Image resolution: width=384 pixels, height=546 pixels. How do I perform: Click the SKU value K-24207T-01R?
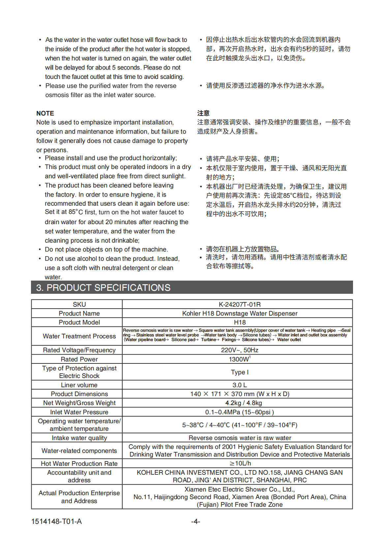(240, 304)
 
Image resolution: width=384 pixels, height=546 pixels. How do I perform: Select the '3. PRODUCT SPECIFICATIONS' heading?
(103, 288)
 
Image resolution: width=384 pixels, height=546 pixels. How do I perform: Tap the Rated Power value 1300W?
(239, 359)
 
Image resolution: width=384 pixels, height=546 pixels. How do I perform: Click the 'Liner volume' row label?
(79, 385)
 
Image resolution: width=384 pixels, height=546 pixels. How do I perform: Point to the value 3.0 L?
(240, 385)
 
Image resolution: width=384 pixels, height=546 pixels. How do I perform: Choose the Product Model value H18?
(240, 322)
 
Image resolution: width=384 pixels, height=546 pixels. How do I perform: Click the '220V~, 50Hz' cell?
(240, 350)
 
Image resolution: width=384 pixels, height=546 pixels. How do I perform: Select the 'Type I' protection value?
(240, 372)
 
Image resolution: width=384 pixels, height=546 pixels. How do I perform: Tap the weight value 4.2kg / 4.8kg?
(244, 403)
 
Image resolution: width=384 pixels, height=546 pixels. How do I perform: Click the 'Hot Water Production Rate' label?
(79, 463)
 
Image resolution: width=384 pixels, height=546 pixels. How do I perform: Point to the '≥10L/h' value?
(240, 463)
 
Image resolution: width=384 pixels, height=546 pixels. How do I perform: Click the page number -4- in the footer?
(195, 521)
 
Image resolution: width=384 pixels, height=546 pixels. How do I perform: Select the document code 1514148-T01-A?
(56, 521)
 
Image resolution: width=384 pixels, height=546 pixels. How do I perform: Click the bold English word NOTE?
(45, 113)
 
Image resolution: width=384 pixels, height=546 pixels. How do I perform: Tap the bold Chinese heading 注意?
(203, 113)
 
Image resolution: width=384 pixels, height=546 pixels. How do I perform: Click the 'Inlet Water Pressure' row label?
(79, 412)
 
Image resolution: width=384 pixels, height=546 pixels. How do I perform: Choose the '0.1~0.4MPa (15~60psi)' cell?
(240, 412)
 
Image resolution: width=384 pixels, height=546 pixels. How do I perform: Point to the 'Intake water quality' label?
(79, 438)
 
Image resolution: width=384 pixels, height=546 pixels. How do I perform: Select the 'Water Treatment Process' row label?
(79, 336)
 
